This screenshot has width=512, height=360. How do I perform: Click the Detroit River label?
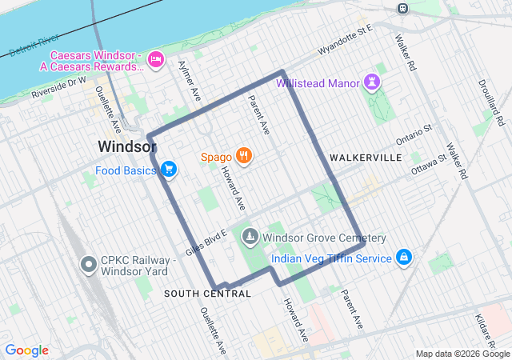[34, 46]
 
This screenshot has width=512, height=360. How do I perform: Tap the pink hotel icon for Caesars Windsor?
[156, 58]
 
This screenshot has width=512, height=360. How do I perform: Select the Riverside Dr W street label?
[59, 88]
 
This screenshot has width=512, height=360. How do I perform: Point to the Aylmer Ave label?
[190, 80]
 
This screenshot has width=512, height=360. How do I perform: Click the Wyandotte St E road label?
[346, 40]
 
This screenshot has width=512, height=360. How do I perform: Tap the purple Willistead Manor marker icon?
[372, 82]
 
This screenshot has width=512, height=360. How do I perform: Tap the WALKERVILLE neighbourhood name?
[365, 158]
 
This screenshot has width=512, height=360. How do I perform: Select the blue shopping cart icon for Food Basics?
[168, 170]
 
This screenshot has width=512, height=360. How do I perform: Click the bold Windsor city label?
[126, 147]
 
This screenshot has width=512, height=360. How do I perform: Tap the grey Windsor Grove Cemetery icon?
[250, 238]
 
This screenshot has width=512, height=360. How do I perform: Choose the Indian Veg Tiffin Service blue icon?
[405, 258]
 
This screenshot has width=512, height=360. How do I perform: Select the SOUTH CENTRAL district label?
[207, 294]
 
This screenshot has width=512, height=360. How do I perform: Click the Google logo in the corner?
[27, 350]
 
